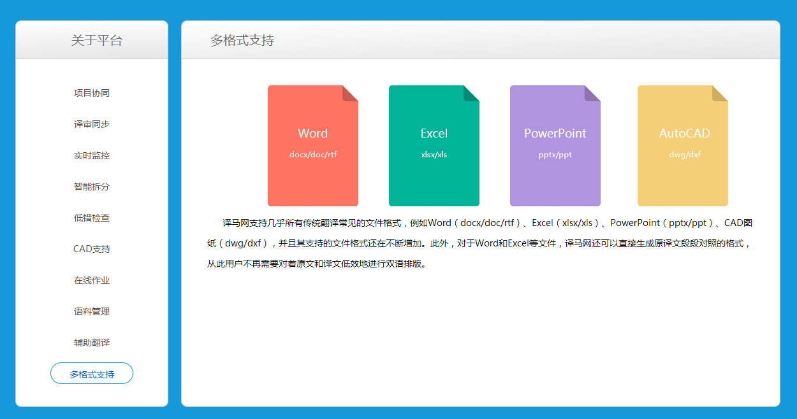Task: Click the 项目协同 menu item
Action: pyautogui.click(x=91, y=93)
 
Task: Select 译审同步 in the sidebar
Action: pyautogui.click(x=91, y=124)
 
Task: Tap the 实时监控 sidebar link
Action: pyautogui.click(x=91, y=155)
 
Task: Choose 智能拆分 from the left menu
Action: pyautogui.click(x=91, y=187)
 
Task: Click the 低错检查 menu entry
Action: pyautogui.click(x=91, y=218)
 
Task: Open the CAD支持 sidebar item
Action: pyautogui.click(x=91, y=249)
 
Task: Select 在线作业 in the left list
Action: pyautogui.click(x=91, y=280)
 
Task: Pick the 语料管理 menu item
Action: pyautogui.click(x=91, y=311)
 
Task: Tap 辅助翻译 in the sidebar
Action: pyautogui.click(x=91, y=343)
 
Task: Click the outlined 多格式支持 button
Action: pyautogui.click(x=91, y=374)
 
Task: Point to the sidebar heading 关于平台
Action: pyautogui.click(x=96, y=40)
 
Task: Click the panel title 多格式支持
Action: pyautogui.click(x=242, y=40)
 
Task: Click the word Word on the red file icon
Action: pyautogui.click(x=312, y=133)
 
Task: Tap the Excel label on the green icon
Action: pyautogui.click(x=434, y=133)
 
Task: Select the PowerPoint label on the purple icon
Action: pyautogui.click(x=555, y=133)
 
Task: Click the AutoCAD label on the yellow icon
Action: pyautogui.click(x=684, y=133)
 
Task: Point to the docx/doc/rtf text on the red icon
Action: pyautogui.click(x=313, y=155)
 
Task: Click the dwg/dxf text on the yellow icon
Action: pyautogui.click(x=685, y=155)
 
